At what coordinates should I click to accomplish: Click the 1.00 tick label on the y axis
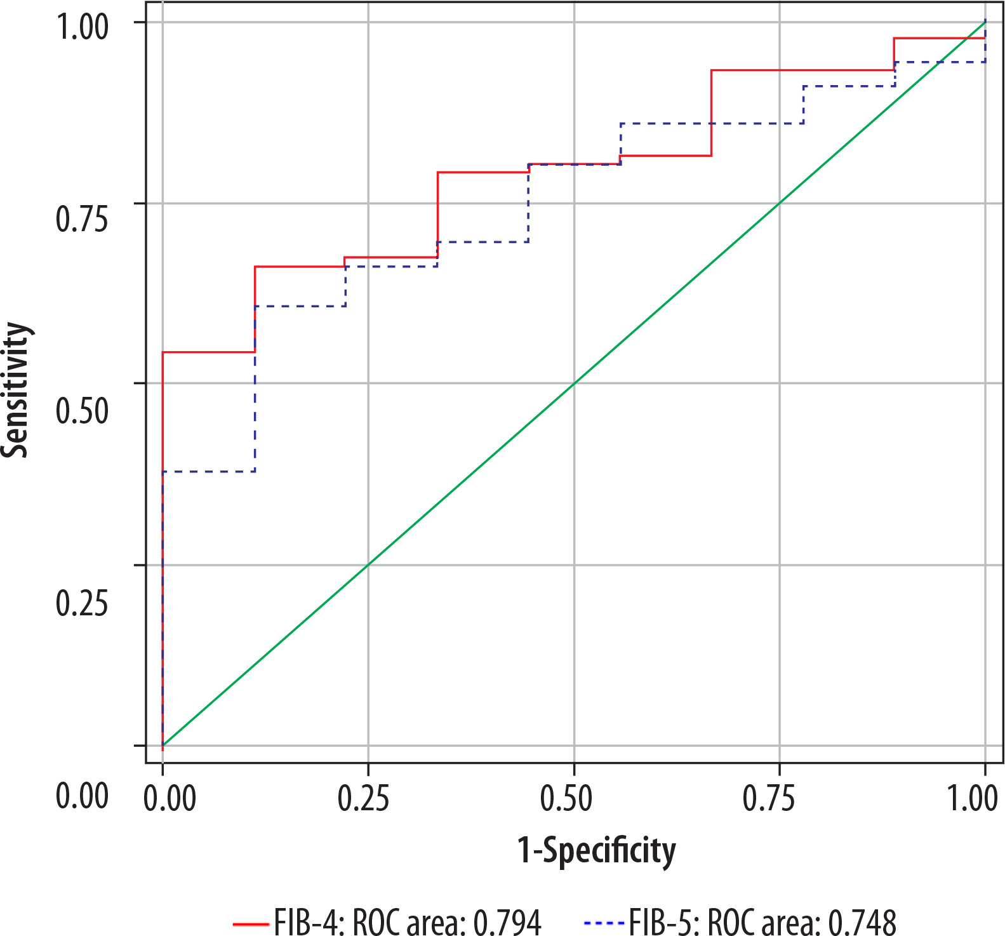coord(82,27)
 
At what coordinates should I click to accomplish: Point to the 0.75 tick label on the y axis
coord(82,218)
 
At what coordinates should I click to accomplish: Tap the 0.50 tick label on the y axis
coord(82,410)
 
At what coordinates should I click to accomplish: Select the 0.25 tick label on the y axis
coord(82,603)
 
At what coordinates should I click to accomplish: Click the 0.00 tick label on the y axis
coord(82,795)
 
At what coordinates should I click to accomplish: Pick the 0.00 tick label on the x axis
coord(170,798)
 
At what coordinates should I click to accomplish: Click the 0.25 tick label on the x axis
coord(363,798)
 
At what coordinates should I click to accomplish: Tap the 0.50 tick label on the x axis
coord(566,798)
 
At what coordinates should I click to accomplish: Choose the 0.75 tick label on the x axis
coord(769,798)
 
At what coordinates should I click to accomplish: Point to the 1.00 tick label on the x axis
coord(973,798)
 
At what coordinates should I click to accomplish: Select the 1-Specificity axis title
coord(596,850)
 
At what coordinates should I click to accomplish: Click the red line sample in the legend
coord(250,923)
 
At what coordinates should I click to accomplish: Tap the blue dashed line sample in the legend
coord(602,923)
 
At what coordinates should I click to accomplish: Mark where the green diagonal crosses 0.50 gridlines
coord(574,384)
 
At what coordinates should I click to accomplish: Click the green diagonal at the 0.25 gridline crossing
coord(368,565)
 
